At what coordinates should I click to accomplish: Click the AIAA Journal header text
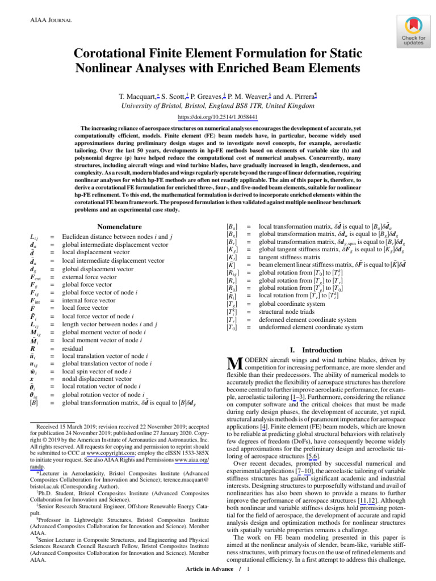pyautogui.click(x=50, y=20)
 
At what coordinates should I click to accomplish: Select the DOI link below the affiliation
pyautogui.click(x=218, y=117)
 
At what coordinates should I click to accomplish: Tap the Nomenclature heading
pyautogui.click(x=119, y=226)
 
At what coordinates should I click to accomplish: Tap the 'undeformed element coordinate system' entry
pyautogui.click(x=311, y=327)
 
